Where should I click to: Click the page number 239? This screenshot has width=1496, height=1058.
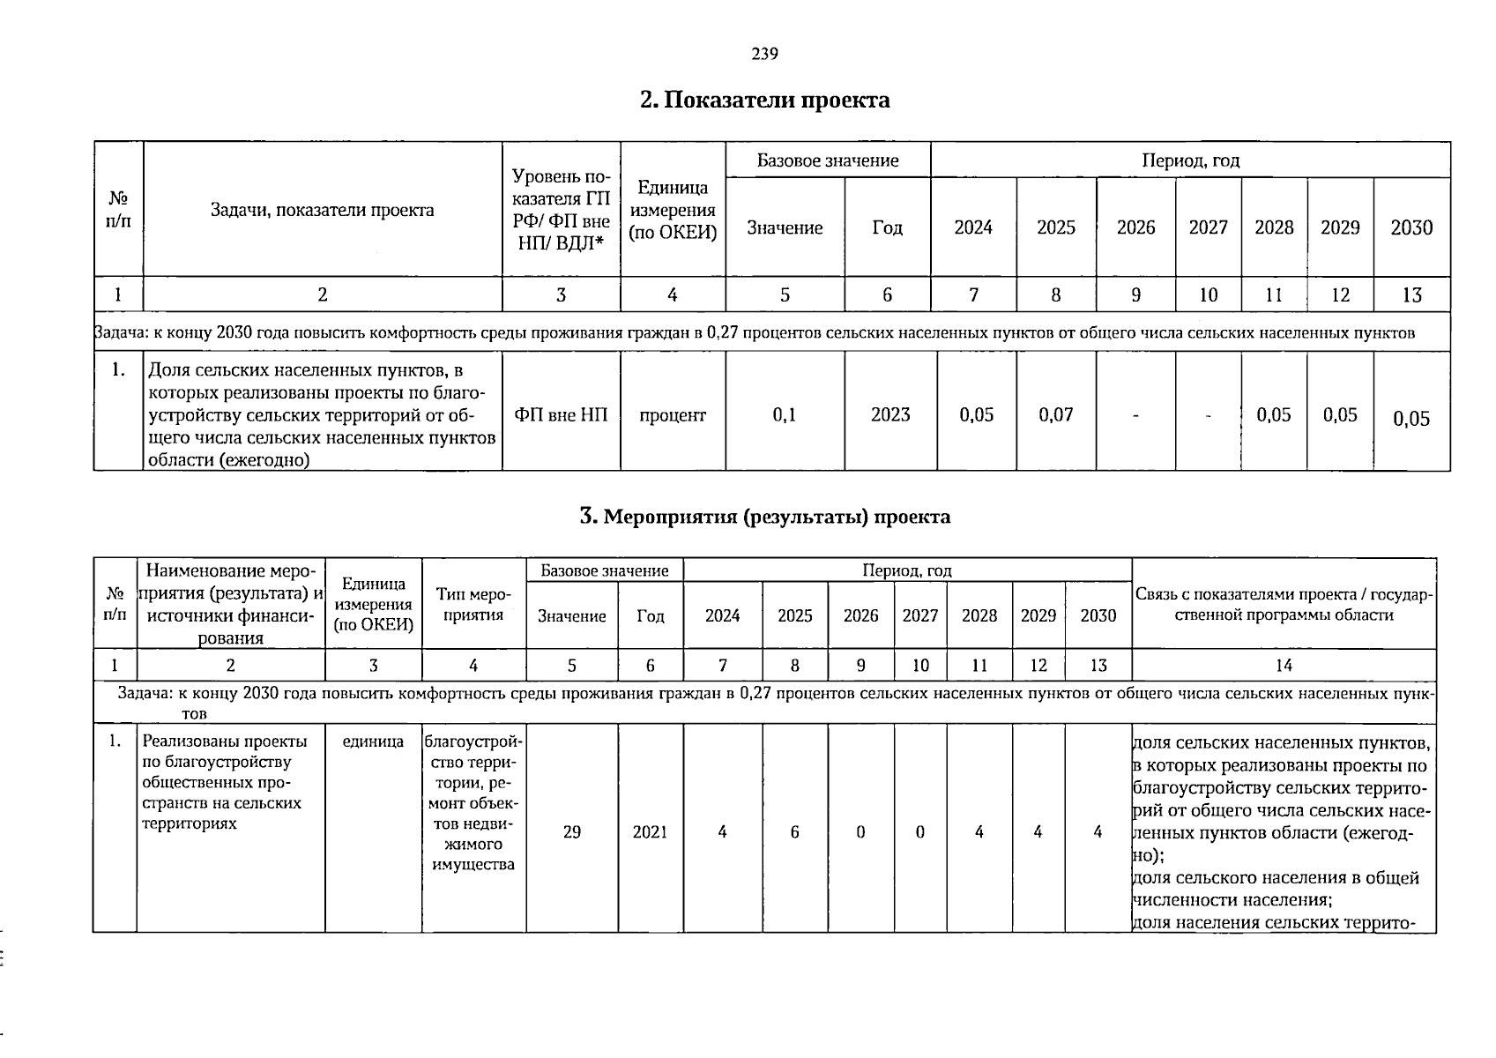pos(764,55)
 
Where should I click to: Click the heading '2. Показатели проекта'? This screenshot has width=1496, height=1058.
pos(764,101)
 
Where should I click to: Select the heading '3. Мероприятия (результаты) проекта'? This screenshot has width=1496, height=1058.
pos(764,517)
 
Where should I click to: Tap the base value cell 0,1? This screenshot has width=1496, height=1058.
pos(784,415)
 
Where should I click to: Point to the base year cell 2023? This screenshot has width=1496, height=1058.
pos(889,415)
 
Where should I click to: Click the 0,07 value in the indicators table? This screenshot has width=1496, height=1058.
pos(1055,415)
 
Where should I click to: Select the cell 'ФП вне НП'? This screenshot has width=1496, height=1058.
pos(561,415)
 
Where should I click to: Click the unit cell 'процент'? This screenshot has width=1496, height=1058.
pos(672,415)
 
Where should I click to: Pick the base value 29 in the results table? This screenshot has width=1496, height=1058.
pos(571,832)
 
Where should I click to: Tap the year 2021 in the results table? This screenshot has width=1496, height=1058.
pos(650,832)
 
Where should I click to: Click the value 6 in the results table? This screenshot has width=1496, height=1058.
pos(794,832)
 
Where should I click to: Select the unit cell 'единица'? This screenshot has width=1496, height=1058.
pos(373,742)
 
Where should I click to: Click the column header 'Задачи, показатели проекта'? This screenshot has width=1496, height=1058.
pos(322,210)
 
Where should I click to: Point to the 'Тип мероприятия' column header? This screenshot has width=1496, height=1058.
pos(473,605)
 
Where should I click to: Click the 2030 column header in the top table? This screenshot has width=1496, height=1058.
pos(1410,227)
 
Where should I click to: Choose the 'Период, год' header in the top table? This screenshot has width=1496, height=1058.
pos(1190,160)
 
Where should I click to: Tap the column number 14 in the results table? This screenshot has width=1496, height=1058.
pos(1284,666)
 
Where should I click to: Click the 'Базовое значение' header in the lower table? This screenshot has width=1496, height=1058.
pos(604,571)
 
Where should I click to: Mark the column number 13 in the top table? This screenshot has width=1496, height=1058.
pos(1410,295)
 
